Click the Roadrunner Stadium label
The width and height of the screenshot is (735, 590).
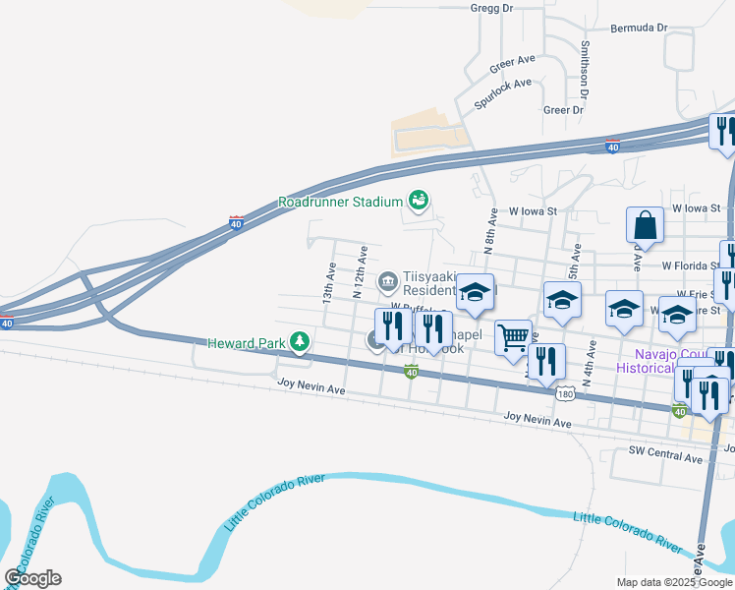point(341,202)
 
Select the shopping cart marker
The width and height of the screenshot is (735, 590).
point(513,338)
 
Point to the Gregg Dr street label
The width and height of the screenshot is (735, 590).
point(492,8)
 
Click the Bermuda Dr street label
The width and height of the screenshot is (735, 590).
point(639,28)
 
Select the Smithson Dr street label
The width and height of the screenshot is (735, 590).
point(585,70)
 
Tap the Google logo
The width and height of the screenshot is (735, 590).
point(32,578)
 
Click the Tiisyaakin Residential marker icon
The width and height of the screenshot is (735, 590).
point(388,281)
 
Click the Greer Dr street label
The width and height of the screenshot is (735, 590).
point(563,110)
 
